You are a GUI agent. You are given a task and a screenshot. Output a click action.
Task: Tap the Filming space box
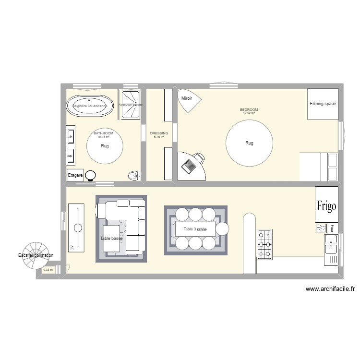[323, 104]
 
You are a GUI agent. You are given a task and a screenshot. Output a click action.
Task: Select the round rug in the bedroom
[249, 143]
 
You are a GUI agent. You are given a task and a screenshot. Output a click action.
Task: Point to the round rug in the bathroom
[105, 146]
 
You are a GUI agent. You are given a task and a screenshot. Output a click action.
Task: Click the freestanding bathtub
[90, 106]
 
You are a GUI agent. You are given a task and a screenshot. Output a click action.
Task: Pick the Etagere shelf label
[75, 175]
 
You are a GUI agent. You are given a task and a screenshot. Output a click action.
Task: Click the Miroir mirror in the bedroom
[189, 99]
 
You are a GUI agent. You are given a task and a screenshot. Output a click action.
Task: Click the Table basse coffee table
[111, 239]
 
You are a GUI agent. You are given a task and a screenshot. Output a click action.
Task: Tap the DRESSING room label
[159, 133]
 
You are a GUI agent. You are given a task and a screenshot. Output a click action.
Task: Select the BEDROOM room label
[249, 110]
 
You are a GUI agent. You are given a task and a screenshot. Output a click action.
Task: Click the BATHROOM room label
[103, 133]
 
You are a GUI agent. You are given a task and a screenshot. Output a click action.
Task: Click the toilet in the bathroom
[133, 176]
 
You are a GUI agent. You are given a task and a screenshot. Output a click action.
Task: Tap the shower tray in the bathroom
[131, 104]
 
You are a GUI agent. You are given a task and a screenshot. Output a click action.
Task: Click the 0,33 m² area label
[48, 270]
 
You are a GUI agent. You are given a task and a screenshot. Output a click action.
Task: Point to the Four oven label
[332, 228]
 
